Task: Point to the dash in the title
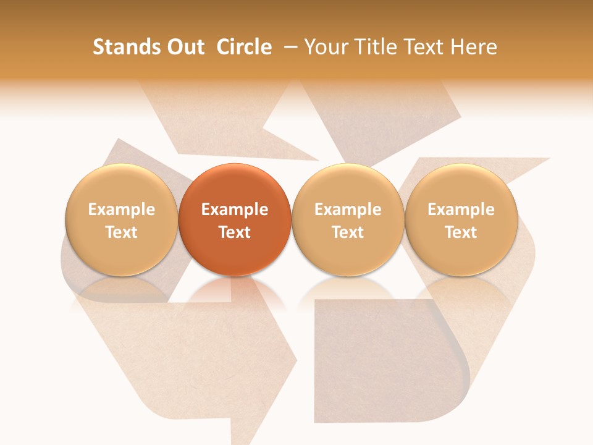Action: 288,47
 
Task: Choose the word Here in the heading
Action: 474,47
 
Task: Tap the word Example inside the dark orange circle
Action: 235,210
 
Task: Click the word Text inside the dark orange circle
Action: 235,232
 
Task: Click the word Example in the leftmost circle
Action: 122,210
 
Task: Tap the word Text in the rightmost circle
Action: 461,232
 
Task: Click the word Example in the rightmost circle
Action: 461,210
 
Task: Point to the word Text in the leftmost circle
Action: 122,232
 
